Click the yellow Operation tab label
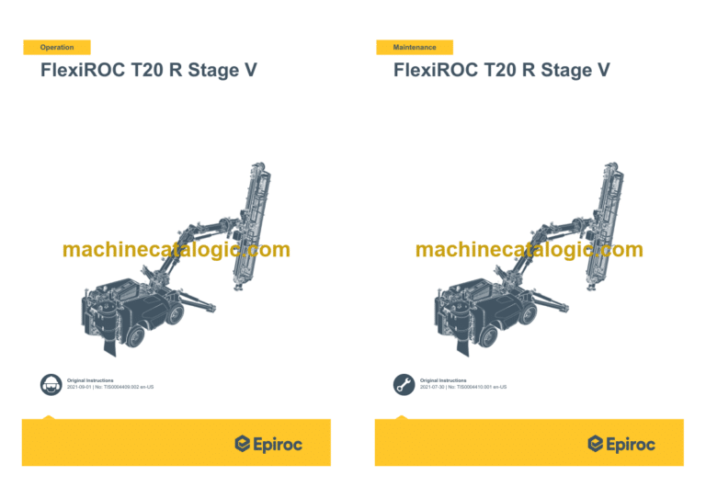pos(57,47)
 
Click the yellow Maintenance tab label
pos(414,47)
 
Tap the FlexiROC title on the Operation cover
pos(148,71)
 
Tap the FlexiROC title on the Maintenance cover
pos(501,71)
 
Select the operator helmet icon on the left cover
pos(50,384)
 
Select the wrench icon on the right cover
pos(403,384)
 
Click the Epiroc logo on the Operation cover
pos(268,445)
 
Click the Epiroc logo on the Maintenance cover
pos(621,445)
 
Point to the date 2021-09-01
pos(82,388)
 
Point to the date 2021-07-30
pos(435,388)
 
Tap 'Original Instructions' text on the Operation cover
pos(90,379)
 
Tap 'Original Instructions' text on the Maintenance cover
pos(443,379)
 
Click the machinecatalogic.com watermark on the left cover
pos(176,250)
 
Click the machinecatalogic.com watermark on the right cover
pos(529,250)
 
